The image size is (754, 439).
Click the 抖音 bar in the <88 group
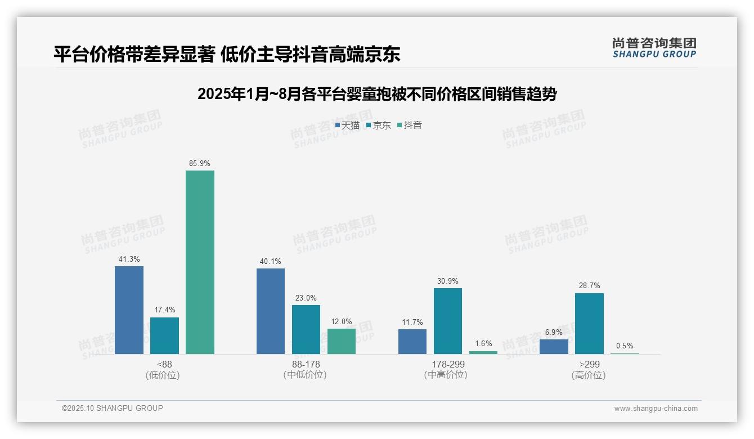[200, 262]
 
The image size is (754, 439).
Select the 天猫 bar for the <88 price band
[129, 310]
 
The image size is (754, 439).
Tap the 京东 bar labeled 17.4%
[164, 336]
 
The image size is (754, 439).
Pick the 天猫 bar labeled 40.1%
[271, 311]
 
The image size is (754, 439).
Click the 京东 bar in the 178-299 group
[448, 321]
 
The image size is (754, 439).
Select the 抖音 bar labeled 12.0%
[342, 341]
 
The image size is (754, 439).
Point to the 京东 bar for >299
[589, 324]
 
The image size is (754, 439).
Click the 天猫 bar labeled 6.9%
[554, 347]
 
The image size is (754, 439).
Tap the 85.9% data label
[200, 164]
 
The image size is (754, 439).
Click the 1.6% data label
[483, 344]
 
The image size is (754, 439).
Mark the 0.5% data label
[625, 346]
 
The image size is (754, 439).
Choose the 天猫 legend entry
[347, 126]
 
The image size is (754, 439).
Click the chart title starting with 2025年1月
[376, 94]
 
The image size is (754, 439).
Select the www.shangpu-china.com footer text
[656, 409]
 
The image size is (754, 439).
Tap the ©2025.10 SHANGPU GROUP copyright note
[113, 409]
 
